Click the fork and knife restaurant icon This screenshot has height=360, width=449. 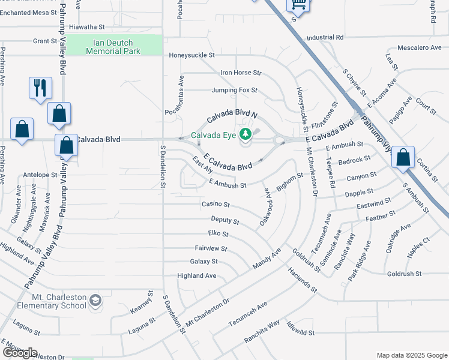[x=40, y=88]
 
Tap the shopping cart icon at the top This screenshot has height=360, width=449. [x=297, y=5]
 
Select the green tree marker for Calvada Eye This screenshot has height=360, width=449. [x=245, y=134]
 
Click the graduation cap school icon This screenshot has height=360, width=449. [x=95, y=299]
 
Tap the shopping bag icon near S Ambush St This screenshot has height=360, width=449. [x=403, y=158]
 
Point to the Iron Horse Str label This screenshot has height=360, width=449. [x=241, y=73]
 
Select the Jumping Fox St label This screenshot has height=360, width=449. [x=234, y=91]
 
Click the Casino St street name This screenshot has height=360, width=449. [x=215, y=205]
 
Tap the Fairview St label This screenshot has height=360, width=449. [x=211, y=248]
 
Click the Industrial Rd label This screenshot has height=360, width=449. [x=324, y=37]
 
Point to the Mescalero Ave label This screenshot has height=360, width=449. [x=420, y=47]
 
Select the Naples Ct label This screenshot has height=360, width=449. [x=418, y=247]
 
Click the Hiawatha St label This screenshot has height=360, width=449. [x=86, y=27]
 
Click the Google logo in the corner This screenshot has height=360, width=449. [x=20, y=352]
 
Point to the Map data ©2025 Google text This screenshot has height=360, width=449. [x=411, y=355]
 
